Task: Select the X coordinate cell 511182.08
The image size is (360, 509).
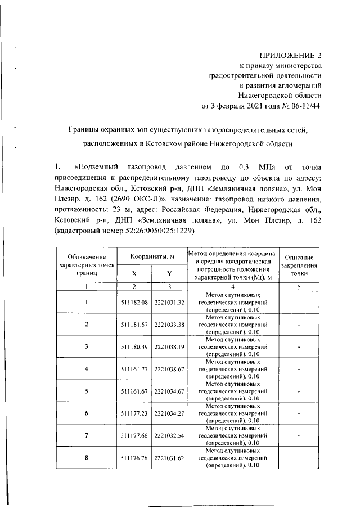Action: pyautogui.click(x=134, y=303)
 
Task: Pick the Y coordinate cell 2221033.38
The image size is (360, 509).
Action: pyautogui.click(x=169, y=325)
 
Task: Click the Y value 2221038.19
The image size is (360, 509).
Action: pyautogui.click(x=169, y=346)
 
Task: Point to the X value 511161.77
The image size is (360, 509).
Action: pyautogui.click(x=134, y=369)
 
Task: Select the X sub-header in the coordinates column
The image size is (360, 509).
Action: pyautogui.click(x=134, y=274)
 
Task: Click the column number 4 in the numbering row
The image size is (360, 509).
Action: pyautogui.click(x=233, y=287)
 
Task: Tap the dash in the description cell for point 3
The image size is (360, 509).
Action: pyautogui.click(x=299, y=346)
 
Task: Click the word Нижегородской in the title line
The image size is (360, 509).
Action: pyautogui.click(x=245, y=143)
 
